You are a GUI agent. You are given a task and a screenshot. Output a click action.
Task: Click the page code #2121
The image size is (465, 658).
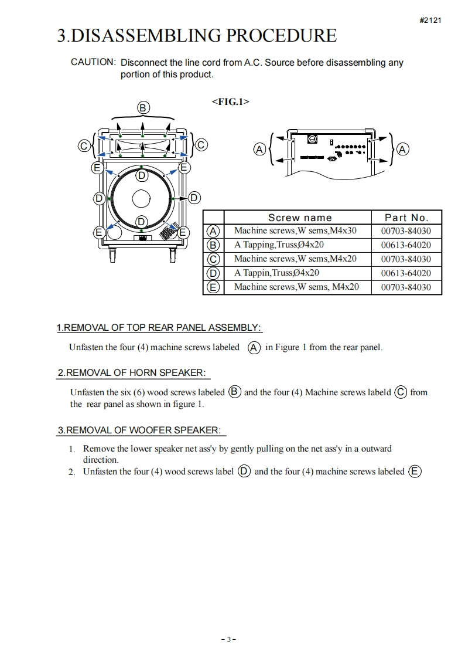[430, 20]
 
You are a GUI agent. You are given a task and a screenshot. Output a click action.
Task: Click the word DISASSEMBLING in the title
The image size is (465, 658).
[146, 36]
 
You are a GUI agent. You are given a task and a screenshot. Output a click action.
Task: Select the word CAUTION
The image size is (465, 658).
[93, 62]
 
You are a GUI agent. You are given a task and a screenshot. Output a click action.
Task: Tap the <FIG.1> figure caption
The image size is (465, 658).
[230, 101]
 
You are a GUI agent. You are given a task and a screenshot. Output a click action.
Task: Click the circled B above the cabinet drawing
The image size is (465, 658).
[143, 107]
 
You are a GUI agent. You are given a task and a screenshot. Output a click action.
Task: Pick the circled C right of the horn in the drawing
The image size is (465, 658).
[200, 145]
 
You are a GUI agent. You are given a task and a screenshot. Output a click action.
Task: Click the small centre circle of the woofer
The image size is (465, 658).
[141, 199]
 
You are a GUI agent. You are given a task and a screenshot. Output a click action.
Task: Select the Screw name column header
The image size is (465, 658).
[299, 218]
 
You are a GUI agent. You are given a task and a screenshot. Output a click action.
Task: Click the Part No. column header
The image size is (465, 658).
[406, 218]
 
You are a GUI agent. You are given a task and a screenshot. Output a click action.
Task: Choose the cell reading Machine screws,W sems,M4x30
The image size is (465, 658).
[295, 231]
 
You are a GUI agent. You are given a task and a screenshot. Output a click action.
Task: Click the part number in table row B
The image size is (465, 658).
[406, 245]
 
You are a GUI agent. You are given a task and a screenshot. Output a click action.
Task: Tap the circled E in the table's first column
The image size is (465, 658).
[214, 287]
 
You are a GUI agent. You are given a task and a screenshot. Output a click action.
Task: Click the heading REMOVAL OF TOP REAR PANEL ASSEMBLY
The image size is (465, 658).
[159, 327]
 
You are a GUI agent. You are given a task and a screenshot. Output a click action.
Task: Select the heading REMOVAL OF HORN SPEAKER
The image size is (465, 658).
[134, 372]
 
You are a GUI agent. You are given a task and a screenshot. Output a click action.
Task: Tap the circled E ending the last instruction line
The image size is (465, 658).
[415, 471]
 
